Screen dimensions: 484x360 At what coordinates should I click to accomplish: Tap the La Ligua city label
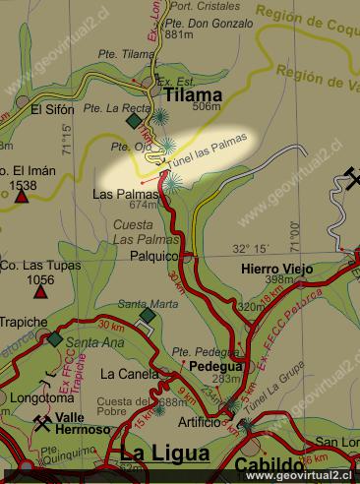160,454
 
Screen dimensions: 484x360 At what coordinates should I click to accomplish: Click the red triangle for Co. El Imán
21,197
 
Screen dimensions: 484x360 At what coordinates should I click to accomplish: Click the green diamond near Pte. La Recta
134,121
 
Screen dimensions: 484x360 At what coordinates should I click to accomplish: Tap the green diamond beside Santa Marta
147,315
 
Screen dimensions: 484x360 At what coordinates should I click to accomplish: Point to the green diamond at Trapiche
55,339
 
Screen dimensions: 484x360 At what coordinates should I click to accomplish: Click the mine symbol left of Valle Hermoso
42,423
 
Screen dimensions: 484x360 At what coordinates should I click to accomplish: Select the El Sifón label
51,109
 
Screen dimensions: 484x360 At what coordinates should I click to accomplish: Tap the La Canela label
129,374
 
